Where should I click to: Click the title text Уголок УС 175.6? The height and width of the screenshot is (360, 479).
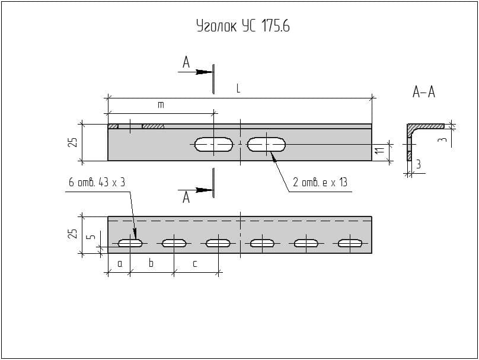pos(242,26)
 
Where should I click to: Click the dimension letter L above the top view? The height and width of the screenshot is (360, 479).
pos(238,88)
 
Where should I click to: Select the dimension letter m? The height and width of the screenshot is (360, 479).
pos(160,105)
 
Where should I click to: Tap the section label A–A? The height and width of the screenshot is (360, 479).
pos(423,92)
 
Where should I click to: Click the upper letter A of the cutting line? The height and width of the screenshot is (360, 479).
pos(186,62)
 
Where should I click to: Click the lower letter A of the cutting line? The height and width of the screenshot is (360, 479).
pos(186,197)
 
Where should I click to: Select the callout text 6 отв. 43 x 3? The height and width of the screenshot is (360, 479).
pos(97,182)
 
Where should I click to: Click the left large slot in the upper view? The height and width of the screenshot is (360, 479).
pos(213,144)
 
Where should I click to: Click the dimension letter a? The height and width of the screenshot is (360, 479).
pos(119,263)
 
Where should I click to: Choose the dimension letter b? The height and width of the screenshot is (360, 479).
pos(151,263)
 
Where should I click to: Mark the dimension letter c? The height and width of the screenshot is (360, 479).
pos(195,263)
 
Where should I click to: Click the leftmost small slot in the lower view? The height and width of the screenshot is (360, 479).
pos(130,243)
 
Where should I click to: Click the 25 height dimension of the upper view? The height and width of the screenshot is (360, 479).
pos(72,142)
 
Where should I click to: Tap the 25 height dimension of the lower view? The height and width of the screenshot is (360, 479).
pos(72,234)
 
